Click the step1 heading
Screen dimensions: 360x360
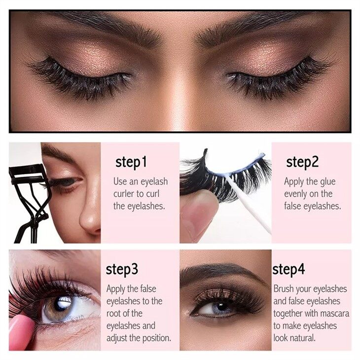(x=131, y=162)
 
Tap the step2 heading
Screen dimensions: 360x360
(x=302, y=162)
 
